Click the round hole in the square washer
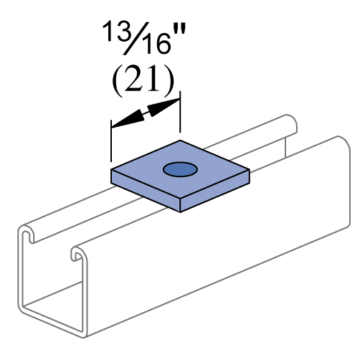(x=180, y=169)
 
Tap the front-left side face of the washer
(x=146, y=190)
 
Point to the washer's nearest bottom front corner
(x=180, y=211)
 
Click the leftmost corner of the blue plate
(x=113, y=171)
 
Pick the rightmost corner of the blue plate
(x=248, y=171)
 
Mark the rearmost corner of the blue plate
(x=180, y=141)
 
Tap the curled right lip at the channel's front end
(x=77, y=253)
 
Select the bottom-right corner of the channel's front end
(x=85, y=336)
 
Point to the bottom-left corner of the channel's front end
(x=21, y=308)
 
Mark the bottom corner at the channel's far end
(x=349, y=227)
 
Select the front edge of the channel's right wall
(x=85, y=294)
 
